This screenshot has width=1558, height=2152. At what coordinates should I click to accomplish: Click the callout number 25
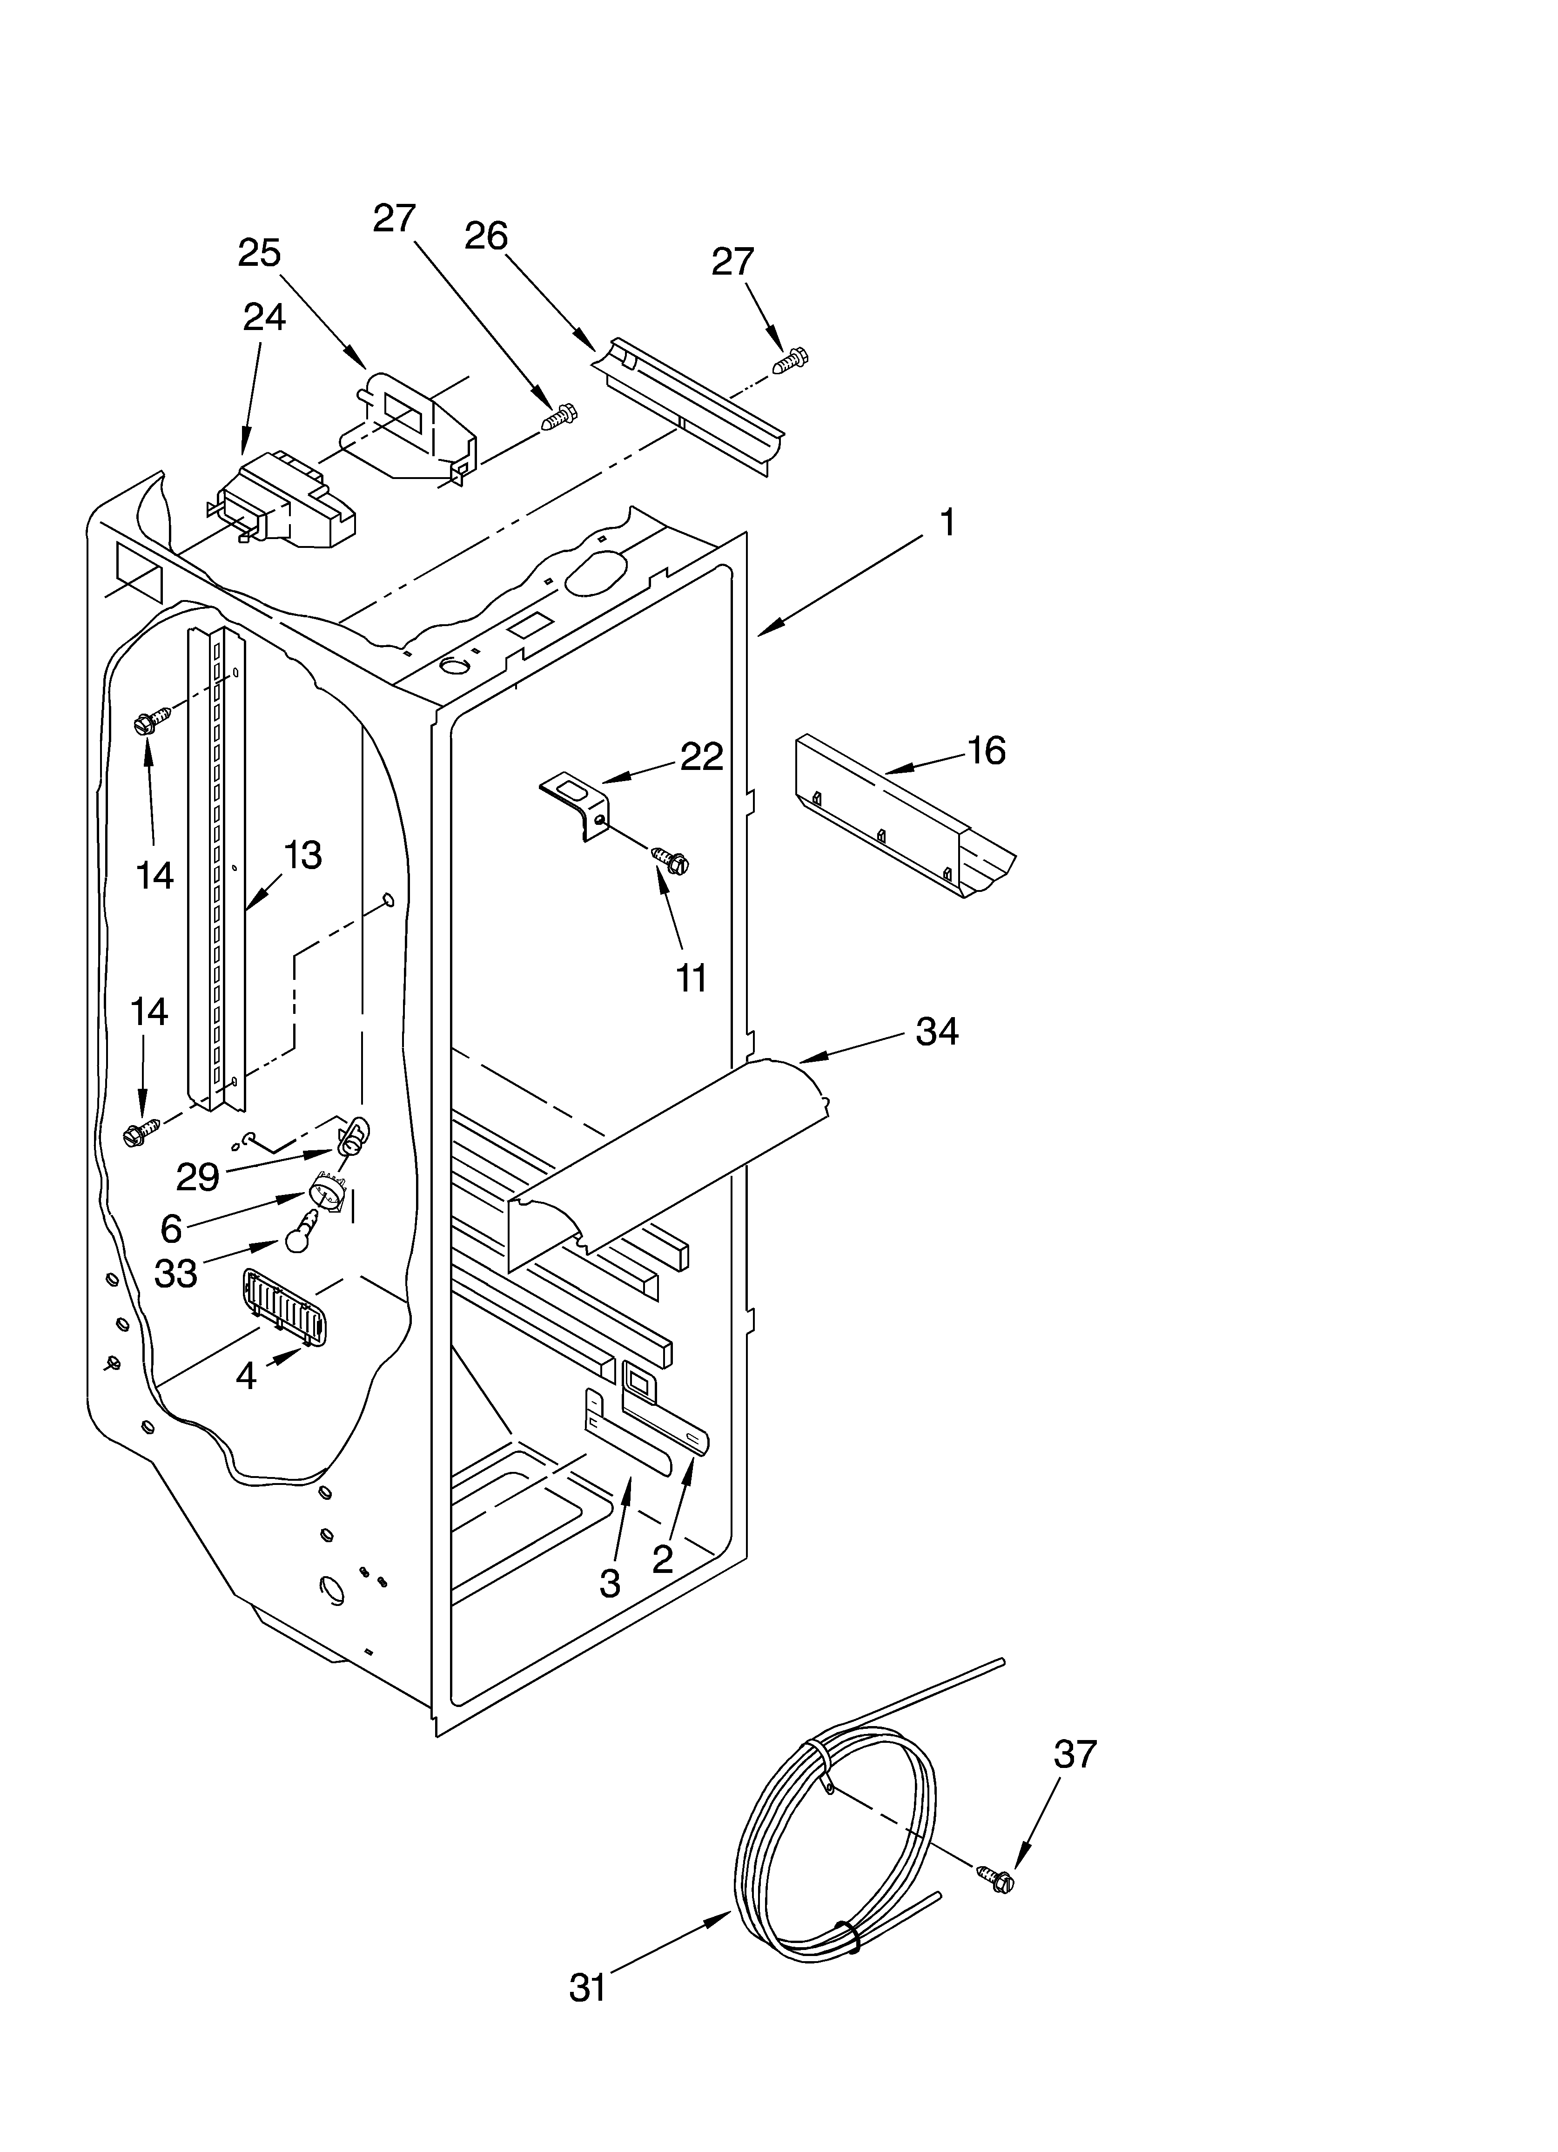[x=259, y=253]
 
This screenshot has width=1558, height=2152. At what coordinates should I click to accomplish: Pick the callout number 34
[x=936, y=1032]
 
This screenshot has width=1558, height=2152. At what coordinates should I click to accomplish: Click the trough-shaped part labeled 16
[x=901, y=821]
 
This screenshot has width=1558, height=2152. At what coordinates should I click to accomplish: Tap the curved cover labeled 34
[x=664, y=1158]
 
